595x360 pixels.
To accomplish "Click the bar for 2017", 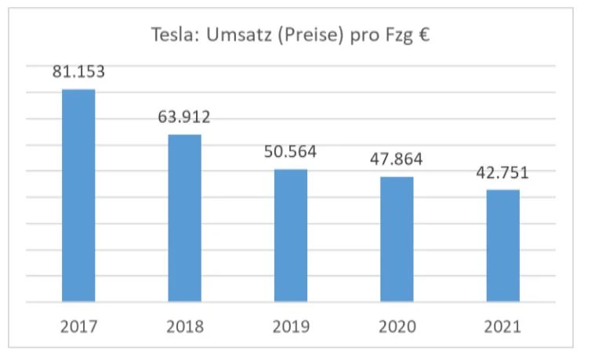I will [x=78, y=195].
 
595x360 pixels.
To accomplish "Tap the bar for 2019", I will [x=291, y=235].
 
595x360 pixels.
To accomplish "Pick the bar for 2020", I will [x=397, y=239].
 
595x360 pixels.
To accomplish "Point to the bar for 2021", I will [x=502, y=245].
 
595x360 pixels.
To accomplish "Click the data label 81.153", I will [x=78, y=72].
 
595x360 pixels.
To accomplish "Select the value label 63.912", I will [x=184, y=118].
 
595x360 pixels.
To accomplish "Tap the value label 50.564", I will [x=291, y=151].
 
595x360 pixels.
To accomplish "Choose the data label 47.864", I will [x=397, y=159].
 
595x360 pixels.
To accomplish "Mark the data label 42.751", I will [x=502, y=173].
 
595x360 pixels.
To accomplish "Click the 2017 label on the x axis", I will [x=78, y=325].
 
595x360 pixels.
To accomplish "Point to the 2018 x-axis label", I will [x=184, y=325].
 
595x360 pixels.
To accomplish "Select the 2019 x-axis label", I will [x=291, y=325].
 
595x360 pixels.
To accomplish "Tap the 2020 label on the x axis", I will [x=397, y=325].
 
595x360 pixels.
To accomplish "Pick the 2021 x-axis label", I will [x=502, y=325].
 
